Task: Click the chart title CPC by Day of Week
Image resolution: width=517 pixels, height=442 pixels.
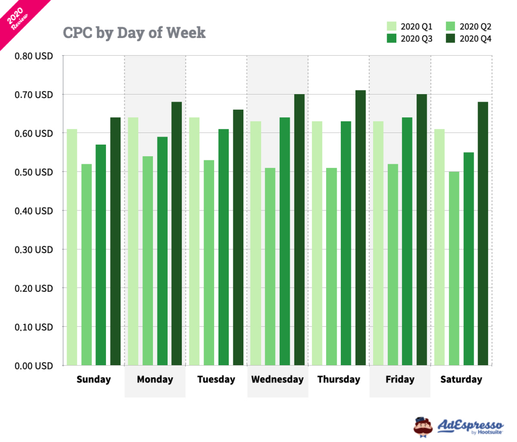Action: (x=134, y=33)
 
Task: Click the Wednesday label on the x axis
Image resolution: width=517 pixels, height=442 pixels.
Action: (x=277, y=379)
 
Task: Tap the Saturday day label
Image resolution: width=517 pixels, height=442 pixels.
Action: (x=461, y=379)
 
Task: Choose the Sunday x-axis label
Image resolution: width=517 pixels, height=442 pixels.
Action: (x=93, y=379)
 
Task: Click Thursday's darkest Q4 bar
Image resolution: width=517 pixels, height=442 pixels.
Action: (x=360, y=228)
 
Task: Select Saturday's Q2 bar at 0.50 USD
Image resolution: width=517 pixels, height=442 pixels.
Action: (x=454, y=268)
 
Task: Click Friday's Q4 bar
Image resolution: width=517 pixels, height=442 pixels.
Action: (x=422, y=230)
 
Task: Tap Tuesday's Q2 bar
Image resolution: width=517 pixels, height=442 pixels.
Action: (x=209, y=262)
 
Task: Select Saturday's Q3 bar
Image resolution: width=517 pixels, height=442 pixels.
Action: (x=469, y=258)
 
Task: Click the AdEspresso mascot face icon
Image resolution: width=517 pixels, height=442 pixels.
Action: (x=423, y=426)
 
